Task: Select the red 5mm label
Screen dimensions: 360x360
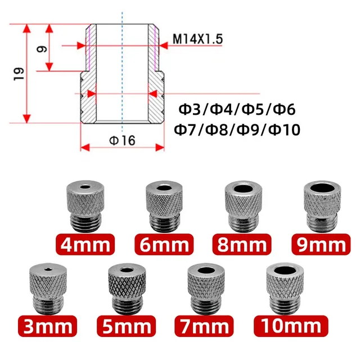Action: click(x=125, y=325)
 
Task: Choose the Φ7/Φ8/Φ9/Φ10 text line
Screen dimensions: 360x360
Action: click(x=238, y=129)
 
